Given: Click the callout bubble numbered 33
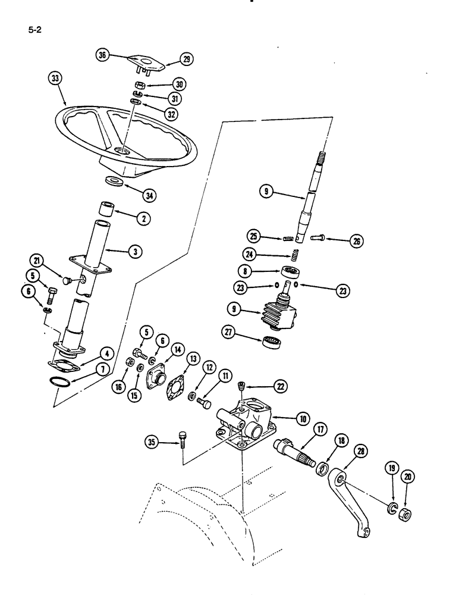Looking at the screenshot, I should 55,80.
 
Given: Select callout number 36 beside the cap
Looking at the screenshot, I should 103,55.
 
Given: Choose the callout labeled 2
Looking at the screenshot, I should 143,218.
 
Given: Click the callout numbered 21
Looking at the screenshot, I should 37,260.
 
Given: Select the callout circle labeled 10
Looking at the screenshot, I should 304,419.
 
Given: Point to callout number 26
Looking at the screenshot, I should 357,241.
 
